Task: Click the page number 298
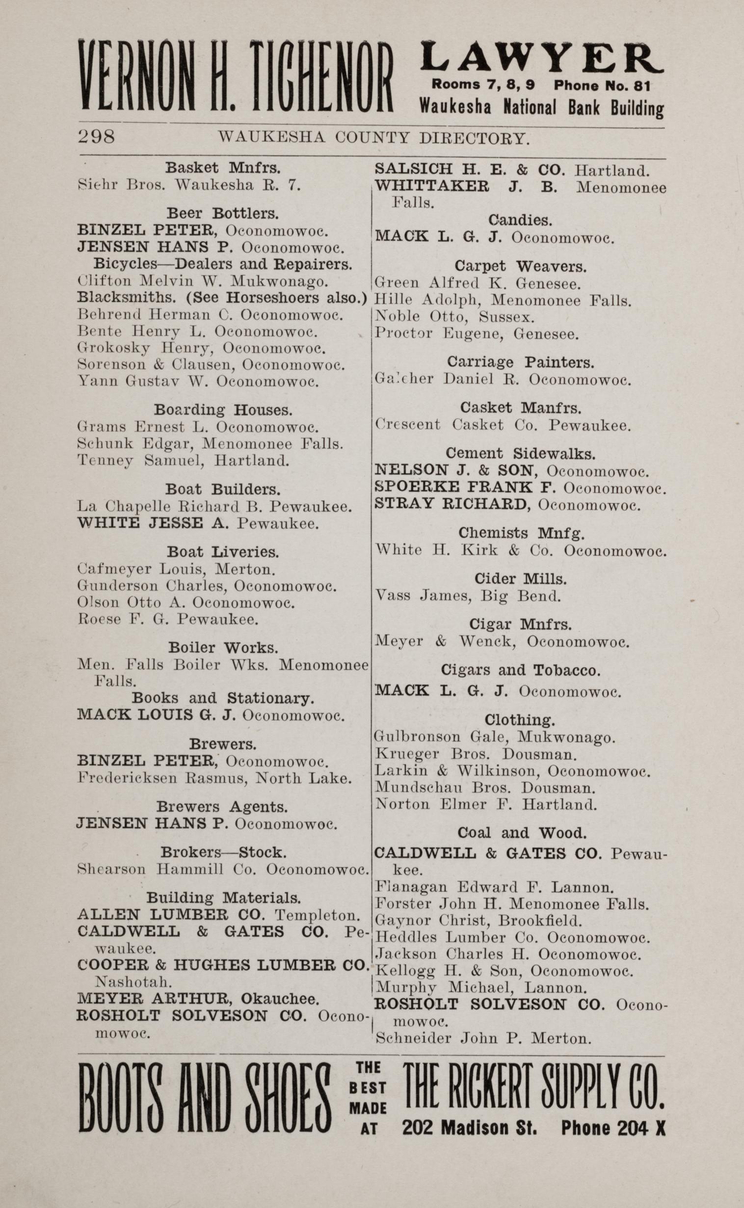97,136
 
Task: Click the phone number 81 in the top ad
641,85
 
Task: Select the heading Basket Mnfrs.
222,168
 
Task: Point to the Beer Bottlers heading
222,213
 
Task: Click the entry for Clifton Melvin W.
203,281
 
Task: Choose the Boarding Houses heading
223,410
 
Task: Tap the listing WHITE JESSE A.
198,523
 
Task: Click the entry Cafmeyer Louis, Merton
176,569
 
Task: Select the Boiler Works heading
223,647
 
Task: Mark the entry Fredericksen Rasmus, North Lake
214,778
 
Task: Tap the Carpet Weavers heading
520,266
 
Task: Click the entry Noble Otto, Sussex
454,317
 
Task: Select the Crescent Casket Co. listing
503,425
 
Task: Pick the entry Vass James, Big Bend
468,596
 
